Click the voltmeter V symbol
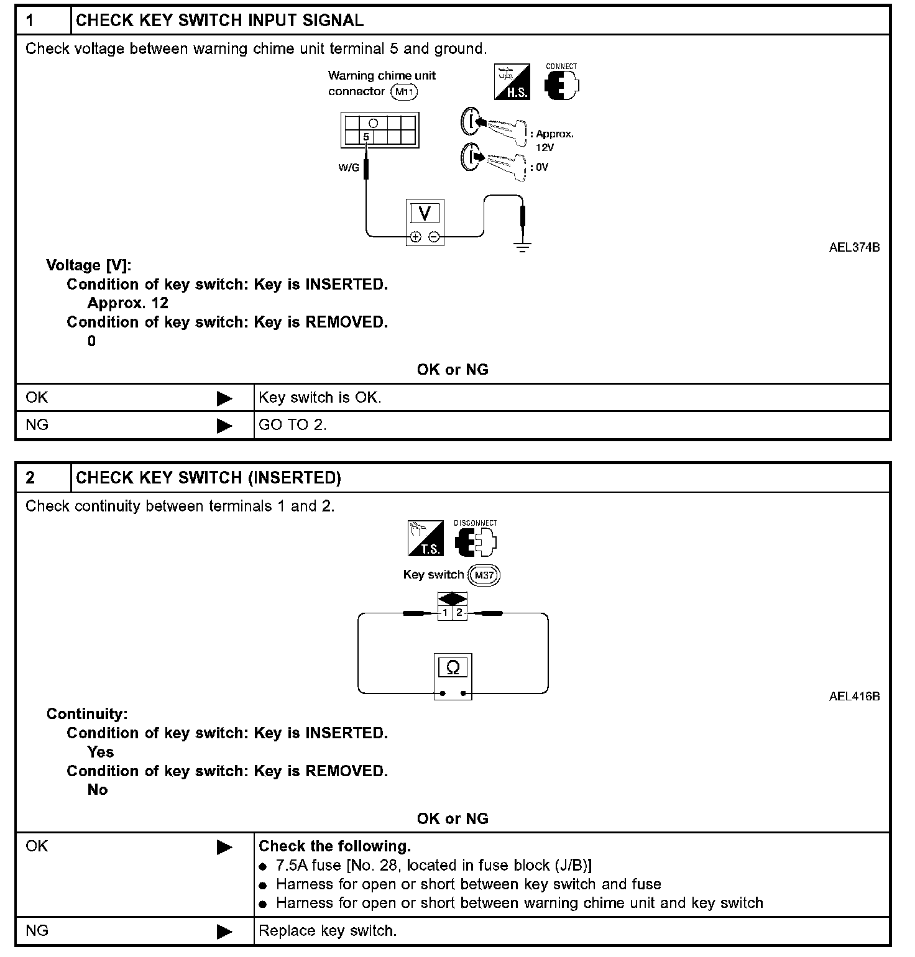425,213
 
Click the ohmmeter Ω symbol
453,667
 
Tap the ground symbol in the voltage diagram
522,247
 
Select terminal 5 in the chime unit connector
366,137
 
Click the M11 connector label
404,92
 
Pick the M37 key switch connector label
484,575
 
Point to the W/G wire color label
349,167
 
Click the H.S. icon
512,81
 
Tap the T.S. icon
426,538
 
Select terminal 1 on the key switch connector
445,613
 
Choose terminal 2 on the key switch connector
459,613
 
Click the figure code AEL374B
854,247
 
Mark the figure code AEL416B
854,696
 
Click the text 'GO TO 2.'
292,425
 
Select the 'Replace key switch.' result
328,931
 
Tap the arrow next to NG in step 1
224,426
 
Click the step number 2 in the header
30,477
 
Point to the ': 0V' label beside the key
539,167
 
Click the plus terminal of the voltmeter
416,237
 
